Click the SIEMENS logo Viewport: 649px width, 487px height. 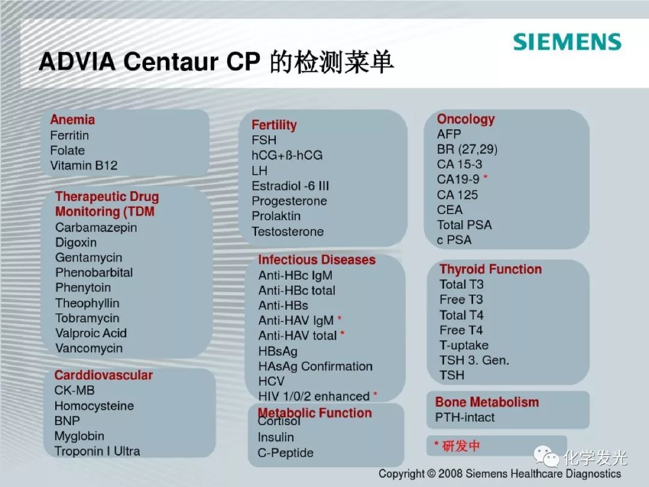567,42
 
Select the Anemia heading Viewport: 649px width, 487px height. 73,120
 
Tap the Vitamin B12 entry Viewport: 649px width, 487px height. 84,166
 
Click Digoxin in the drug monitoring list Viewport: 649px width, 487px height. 76,242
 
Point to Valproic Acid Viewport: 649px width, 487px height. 91,333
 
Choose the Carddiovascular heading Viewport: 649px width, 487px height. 103,375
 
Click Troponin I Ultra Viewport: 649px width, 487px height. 97,451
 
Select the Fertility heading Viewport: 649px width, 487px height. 274,124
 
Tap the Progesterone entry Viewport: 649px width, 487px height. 289,201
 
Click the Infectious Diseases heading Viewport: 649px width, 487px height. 317,260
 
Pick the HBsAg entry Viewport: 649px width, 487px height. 278,352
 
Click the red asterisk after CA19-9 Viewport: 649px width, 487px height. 486,177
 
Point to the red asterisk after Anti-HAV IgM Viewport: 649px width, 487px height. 340,319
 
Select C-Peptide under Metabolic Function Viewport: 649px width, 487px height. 285,453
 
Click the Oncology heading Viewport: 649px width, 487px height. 466,119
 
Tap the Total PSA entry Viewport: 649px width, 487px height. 465,225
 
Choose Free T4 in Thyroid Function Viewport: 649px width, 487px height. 461,330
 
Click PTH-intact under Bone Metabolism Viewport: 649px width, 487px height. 465,417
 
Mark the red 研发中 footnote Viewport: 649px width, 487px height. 457,446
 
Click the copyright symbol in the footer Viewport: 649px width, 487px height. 431,474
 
